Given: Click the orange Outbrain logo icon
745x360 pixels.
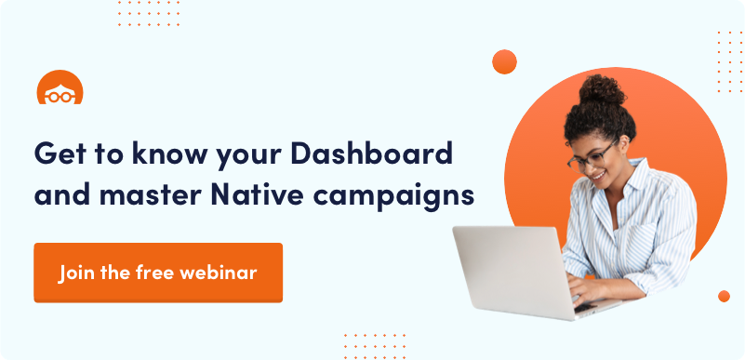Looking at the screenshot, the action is pos(60,87).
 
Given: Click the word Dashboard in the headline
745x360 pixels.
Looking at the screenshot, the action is pos(371,153).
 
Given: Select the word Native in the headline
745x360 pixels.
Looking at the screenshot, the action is pos(257,195).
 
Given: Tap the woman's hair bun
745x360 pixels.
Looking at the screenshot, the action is pos(603,89).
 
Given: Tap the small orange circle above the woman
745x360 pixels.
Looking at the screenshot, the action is pos(505,61).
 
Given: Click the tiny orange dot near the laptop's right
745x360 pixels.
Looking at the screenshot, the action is pos(724,297).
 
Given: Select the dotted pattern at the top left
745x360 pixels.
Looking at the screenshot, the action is pos(149,13).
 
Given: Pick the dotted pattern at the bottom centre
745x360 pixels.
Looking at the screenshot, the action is pos(375,346).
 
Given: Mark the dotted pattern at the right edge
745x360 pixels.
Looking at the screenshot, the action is pos(730,61).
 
